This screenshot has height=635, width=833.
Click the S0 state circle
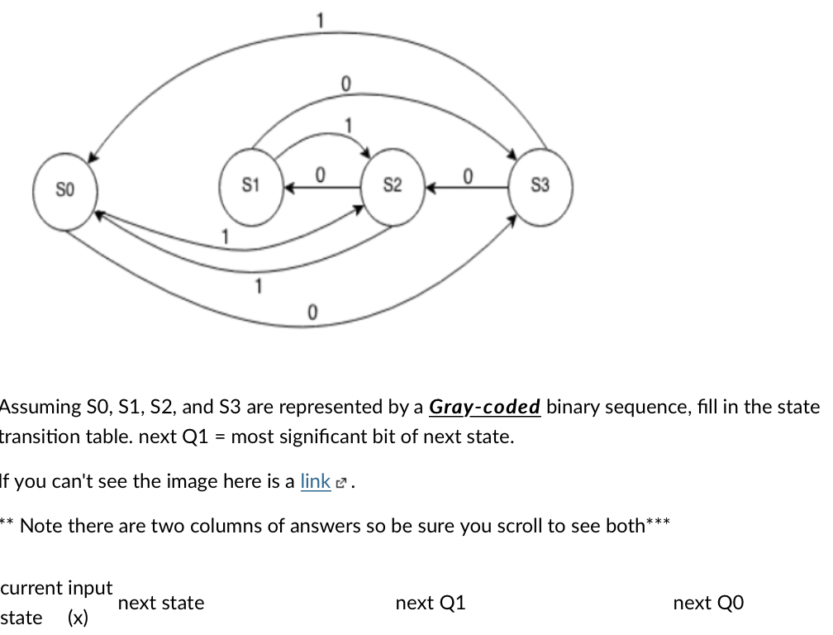(x=64, y=190)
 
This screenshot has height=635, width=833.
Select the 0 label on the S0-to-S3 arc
(x=312, y=313)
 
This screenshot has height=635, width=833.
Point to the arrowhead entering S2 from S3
(x=431, y=188)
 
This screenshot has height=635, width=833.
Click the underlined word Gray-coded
(x=485, y=408)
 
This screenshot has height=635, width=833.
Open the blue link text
(x=315, y=481)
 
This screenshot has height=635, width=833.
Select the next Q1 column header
(x=431, y=604)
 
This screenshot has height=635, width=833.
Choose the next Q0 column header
(x=708, y=604)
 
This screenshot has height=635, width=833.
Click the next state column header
(x=161, y=604)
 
